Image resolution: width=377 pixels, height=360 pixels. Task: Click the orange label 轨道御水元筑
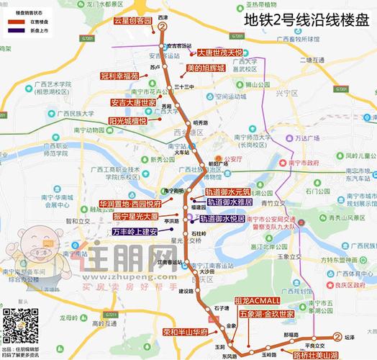click(227, 192)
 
